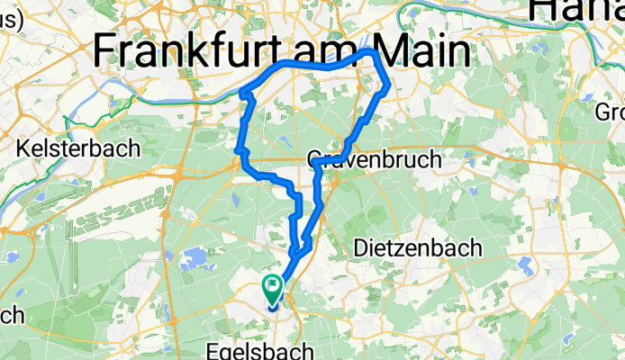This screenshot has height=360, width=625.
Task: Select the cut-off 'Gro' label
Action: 610,112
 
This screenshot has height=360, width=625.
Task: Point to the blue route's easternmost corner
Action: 388,88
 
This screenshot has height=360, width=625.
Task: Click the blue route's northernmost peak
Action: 371,52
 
